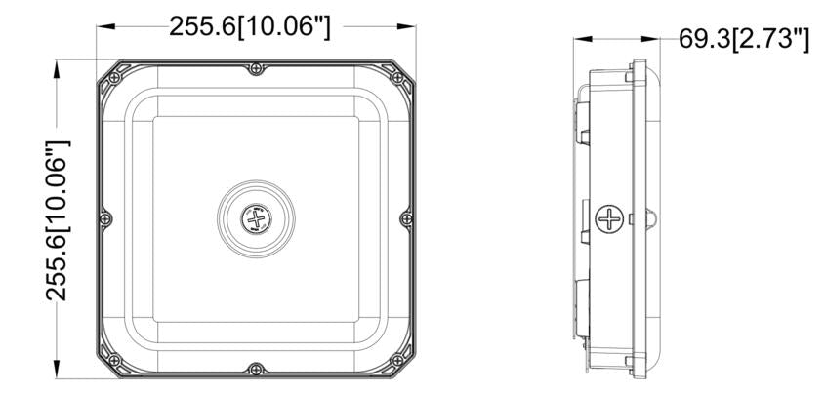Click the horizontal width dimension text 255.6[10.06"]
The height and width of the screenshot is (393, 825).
click(250, 26)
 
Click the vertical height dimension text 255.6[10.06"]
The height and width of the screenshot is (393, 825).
click(58, 220)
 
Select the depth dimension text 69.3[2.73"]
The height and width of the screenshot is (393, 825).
click(743, 39)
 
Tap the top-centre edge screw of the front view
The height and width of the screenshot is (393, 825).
click(256, 68)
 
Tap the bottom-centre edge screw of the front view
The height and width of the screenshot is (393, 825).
click(256, 369)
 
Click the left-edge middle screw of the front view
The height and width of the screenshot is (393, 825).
click(105, 218)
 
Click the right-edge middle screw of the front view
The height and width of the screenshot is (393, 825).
click(406, 218)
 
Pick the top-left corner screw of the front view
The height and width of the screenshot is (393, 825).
click(114, 77)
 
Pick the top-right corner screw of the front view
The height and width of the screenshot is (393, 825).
click(397, 77)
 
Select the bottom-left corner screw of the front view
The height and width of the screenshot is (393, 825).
click(114, 361)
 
